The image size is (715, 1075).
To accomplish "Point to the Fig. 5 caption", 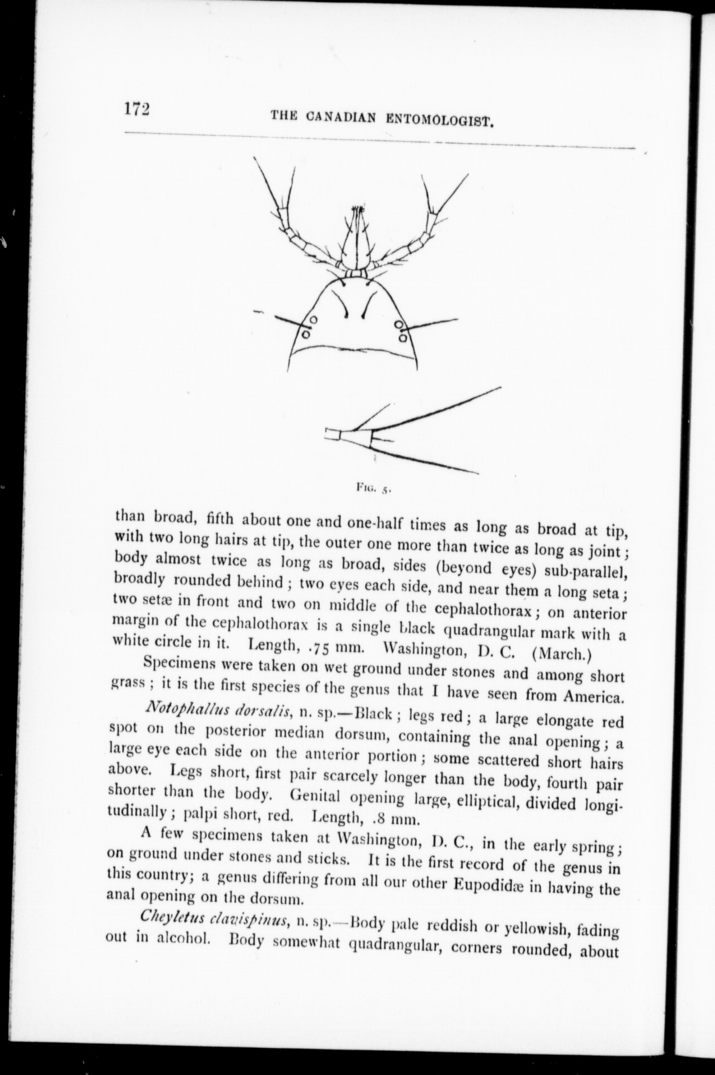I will click(x=374, y=488).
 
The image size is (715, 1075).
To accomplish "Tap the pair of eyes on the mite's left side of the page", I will click(x=309, y=327).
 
